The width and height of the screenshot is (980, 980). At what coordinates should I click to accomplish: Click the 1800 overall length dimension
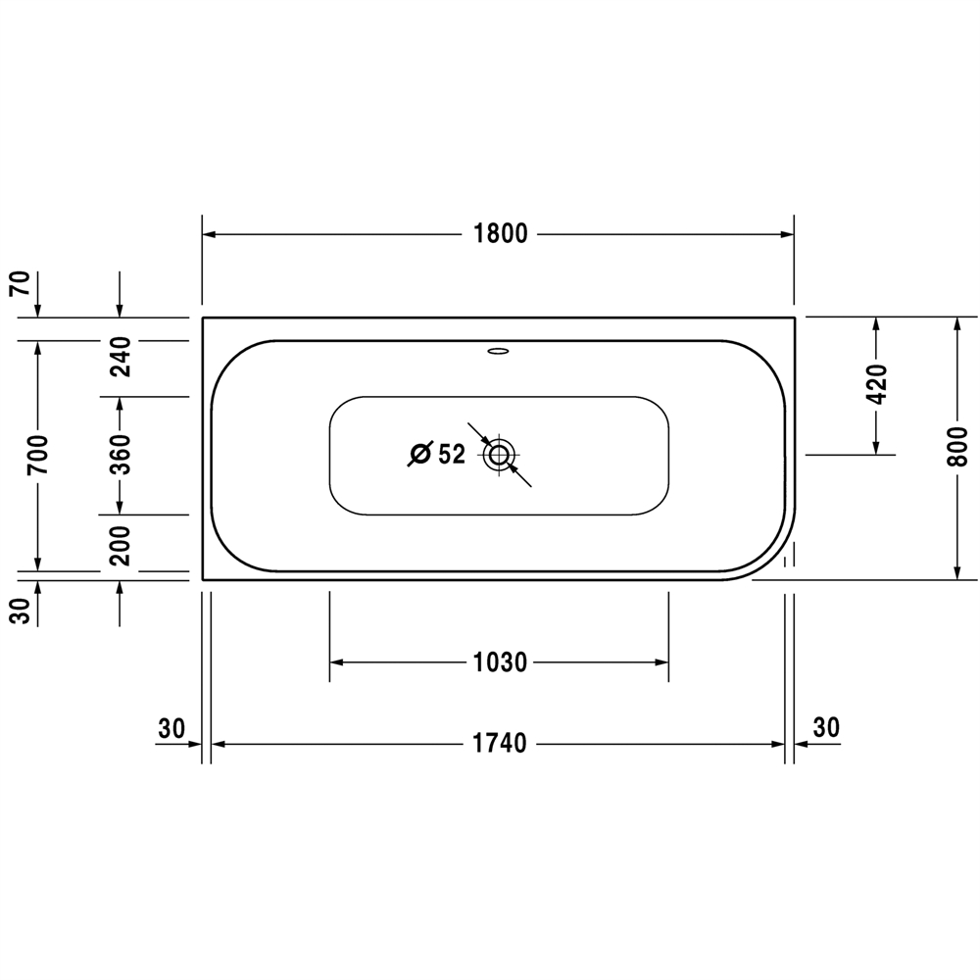point(501,234)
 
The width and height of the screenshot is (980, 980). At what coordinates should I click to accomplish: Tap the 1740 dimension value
point(500,744)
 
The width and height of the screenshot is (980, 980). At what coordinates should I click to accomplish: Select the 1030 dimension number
point(500,662)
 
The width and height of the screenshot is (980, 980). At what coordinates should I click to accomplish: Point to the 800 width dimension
point(956,447)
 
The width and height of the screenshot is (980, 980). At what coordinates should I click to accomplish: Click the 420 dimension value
point(877,384)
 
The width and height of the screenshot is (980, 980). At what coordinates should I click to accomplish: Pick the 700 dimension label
point(37,454)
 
